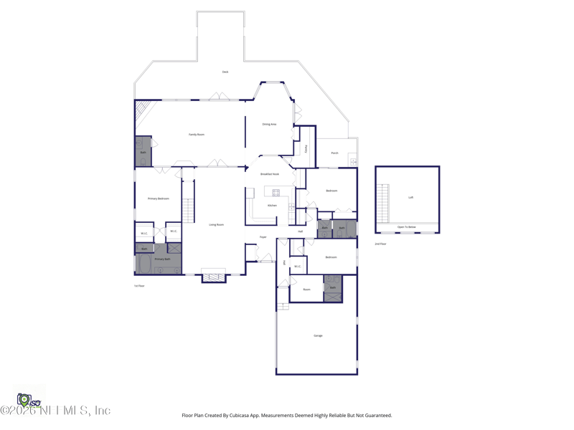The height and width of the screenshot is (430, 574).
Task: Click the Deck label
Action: [225, 72]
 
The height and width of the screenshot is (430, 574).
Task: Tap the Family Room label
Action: [197, 135]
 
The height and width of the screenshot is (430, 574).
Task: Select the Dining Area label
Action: [269, 124]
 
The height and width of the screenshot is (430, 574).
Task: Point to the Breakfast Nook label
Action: [270, 174]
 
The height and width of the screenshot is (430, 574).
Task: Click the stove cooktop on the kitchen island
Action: [276, 193]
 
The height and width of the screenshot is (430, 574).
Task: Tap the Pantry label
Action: [306, 149]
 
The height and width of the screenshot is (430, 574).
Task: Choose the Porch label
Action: [334, 153]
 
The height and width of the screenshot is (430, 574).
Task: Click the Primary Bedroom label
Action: [159, 199]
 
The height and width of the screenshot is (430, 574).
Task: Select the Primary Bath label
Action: [162, 259]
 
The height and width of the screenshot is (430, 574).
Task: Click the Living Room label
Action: [216, 224]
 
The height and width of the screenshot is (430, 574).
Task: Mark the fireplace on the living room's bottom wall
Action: [214, 277]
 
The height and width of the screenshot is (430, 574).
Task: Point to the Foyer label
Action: [263, 237]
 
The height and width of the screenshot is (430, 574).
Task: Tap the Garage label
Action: [318, 335]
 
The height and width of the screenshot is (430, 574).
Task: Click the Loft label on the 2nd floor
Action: [411, 197]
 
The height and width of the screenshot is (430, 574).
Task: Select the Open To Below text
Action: [407, 227]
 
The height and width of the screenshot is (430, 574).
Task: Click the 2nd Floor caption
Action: [380, 244]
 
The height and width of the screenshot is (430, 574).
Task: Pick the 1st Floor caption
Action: [139, 286]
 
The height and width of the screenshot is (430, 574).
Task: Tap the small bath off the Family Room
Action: [143, 152]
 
